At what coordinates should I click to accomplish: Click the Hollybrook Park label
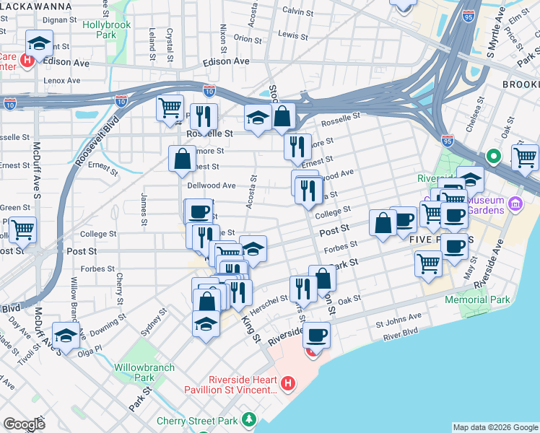(100, 30)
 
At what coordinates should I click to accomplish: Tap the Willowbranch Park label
(144, 372)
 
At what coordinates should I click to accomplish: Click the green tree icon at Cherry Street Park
(249, 419)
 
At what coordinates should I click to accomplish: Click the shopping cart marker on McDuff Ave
(23, 231)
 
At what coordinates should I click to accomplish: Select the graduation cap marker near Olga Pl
(66, 336)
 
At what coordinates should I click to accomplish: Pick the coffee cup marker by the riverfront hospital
(316, 335)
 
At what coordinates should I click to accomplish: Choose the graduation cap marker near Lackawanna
(39, 43)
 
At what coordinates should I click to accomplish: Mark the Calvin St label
(297, 12)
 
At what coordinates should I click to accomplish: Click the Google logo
(25, 424)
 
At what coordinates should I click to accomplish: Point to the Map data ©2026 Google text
(495, 427)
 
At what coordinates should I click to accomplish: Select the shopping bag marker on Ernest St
(183, 159)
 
